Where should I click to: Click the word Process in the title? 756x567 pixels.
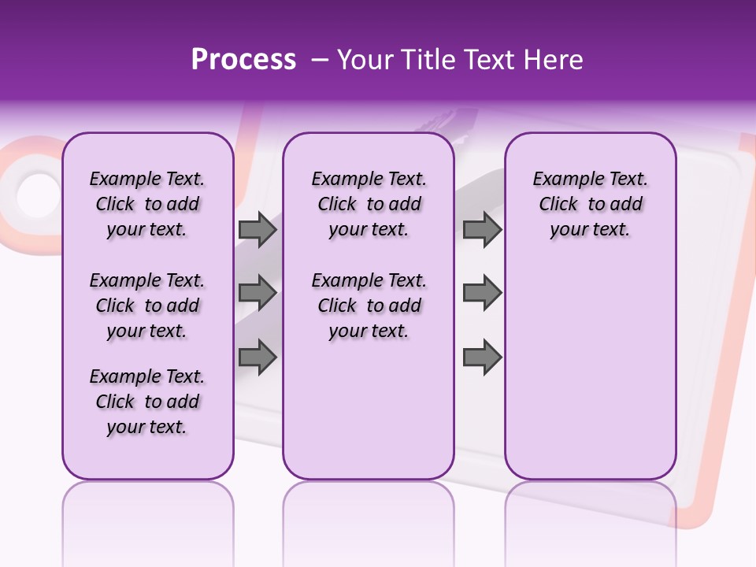tap(243, 60)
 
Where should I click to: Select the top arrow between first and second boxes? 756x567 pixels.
tap(258, 229)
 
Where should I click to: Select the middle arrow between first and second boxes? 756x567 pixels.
tap(258, 293)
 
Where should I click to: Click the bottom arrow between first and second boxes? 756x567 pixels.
tap(258, 357)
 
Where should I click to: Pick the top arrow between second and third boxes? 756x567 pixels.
tap(482, 229)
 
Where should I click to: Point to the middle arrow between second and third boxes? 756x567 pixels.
tap(482, 293)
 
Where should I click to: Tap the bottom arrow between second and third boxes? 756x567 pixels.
tap(482, 357)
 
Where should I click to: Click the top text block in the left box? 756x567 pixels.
tap(147, 204)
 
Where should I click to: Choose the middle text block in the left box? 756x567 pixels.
tap(147, 306)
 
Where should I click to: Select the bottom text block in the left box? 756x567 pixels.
tap(147, 402)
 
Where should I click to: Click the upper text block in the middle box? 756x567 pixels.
tap(369, 204)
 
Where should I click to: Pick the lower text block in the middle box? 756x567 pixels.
tap(369, 306)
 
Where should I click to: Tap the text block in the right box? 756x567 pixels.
tap(590, 204)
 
